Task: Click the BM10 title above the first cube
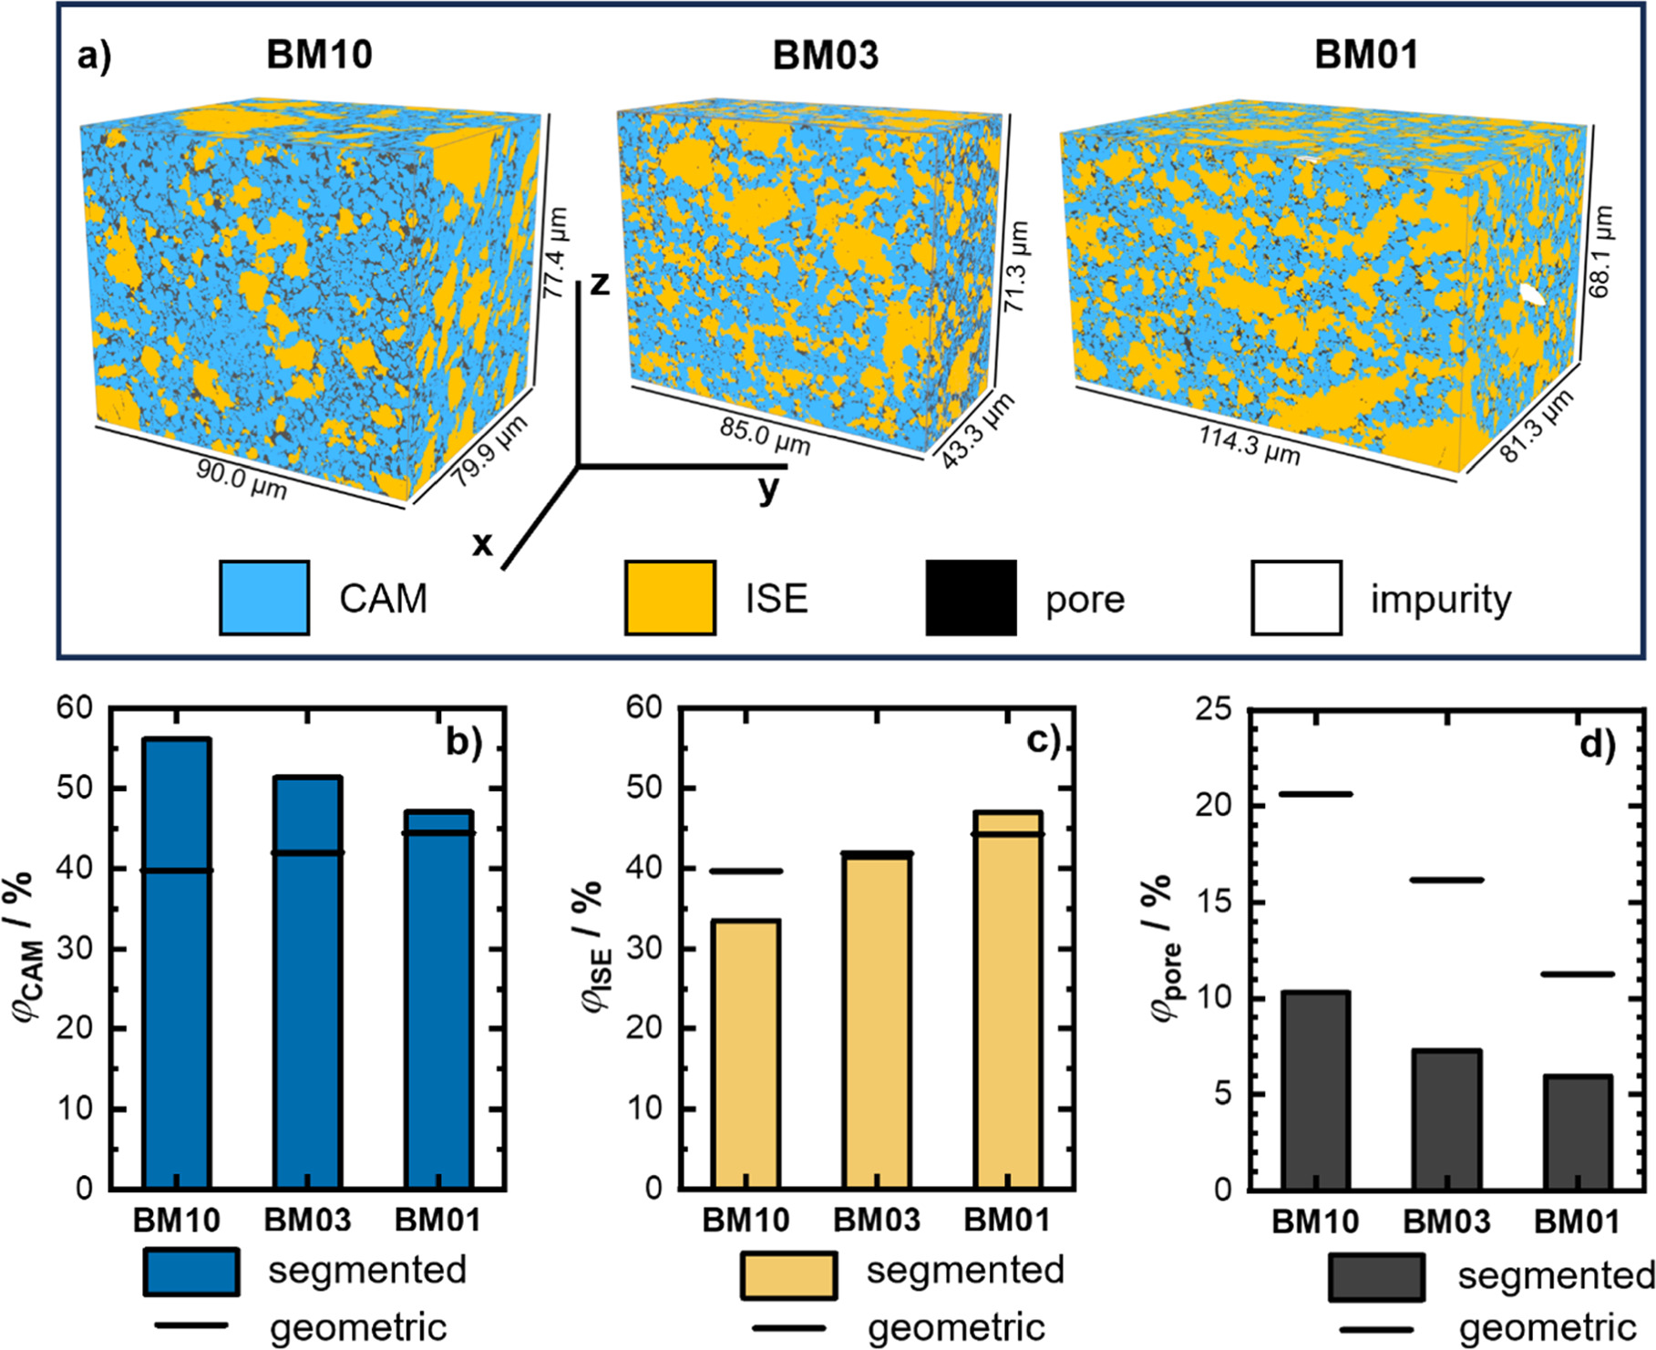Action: point(319,55)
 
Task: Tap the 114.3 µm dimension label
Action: point(1249,445)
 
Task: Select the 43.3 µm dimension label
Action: point(978,431)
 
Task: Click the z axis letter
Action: point(599,283)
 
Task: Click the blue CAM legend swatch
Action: point(264,598)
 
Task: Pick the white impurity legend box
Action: point(1295,598)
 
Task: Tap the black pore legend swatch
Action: point(971,598)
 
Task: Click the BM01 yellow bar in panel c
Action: point(1007,1003)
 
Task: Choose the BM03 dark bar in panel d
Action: point(1446,1121)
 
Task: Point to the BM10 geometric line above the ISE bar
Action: point(746,871)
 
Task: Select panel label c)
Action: point(1043,741)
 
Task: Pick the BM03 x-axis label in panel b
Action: point(307,1220)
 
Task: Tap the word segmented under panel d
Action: point(1555,1276)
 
